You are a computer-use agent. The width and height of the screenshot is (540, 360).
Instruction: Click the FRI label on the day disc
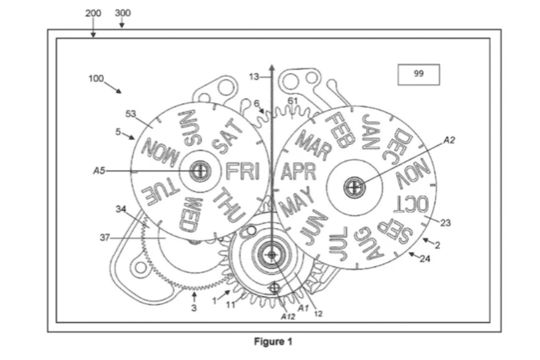[242, 171]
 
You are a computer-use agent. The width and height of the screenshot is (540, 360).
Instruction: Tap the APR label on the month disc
[298, 172]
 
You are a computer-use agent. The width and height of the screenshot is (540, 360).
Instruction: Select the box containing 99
[418, 74]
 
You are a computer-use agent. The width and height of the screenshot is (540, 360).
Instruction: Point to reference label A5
[99, 171]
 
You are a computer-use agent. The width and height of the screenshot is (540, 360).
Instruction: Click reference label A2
[449, 139]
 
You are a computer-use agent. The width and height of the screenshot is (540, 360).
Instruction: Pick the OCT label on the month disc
[411, 205]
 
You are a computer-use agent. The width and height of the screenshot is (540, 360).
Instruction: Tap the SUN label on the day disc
[187, 127]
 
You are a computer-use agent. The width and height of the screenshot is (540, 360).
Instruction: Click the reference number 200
[93, 13]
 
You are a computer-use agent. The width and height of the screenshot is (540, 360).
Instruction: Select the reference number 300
[122, 13]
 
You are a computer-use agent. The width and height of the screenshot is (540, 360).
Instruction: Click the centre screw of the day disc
[199, 171]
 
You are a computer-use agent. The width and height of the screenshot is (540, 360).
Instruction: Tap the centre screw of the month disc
[353, 187]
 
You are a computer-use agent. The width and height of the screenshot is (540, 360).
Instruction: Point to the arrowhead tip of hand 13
[272, 66]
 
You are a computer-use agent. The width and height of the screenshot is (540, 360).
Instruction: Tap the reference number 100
[96, 79]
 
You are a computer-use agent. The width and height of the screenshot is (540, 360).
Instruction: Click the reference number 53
[131, 114]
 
